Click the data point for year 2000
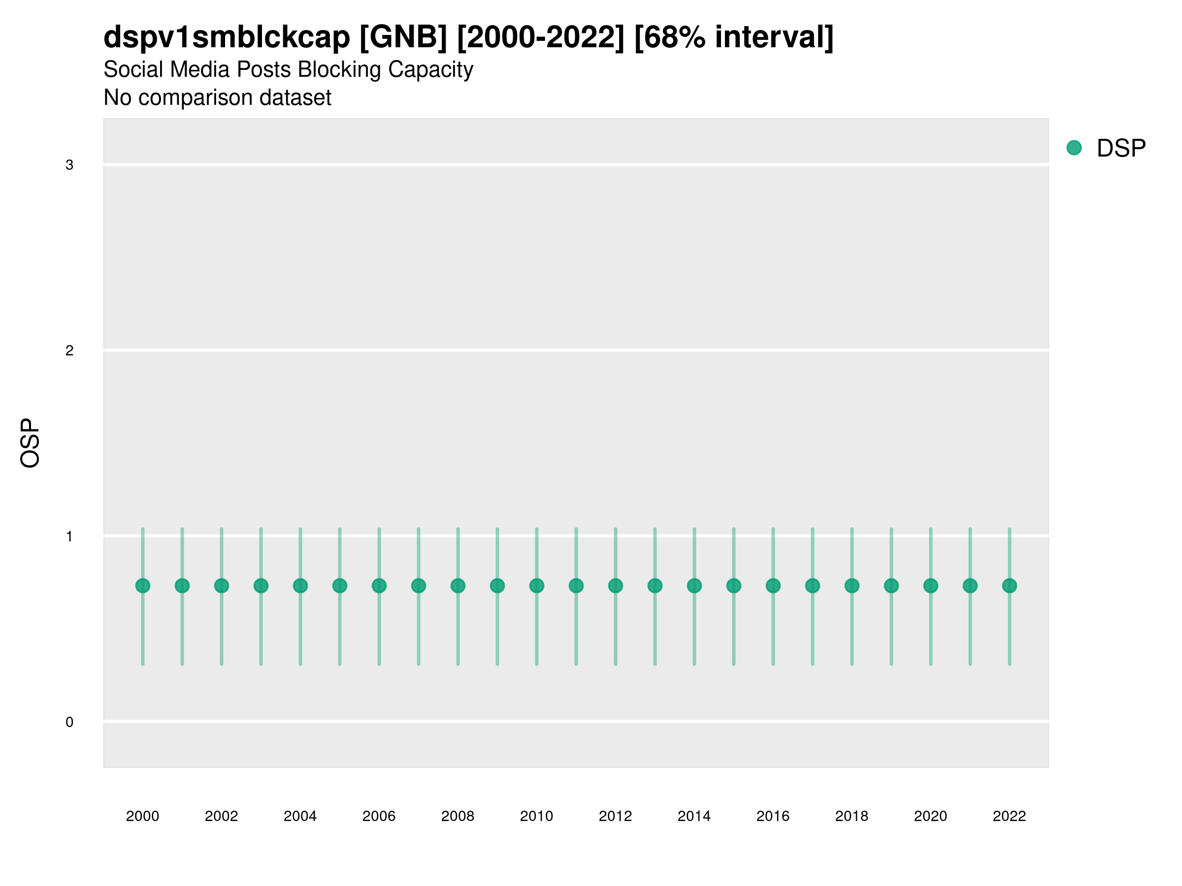(x=143, y=586)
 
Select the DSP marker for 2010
(x=536, y=586)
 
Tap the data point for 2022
(x=1010, y=586)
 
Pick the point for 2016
(x=773, y=586)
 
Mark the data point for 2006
(x=379, y=586)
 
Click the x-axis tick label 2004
(x=300, y=816)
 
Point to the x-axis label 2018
(x=852, y=816)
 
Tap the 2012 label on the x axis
(x=615, y=816)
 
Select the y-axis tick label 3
(x=69, y=165)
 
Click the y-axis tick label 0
(x=69, y=722)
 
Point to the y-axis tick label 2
(x=69, y=351)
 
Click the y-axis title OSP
(x=30, y=443)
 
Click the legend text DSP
(x=1121, y=148)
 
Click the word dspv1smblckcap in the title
(x=227, y=37)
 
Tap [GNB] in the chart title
(x=403, y=37)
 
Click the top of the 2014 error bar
(x=694, y=529)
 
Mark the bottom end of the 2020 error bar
(x=931, y=664)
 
